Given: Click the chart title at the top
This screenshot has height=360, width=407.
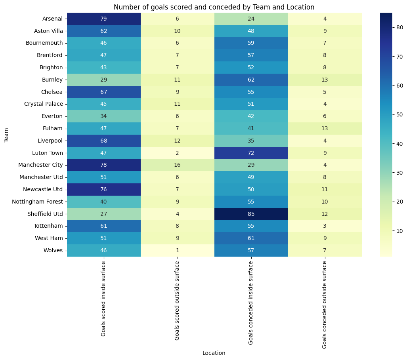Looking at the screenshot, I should point(214,7).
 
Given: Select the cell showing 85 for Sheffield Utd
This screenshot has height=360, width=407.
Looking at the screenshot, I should point(251,214).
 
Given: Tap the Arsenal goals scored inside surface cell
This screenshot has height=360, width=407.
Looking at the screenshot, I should point(103,19).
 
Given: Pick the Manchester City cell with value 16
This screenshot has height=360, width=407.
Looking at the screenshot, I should point(177,165).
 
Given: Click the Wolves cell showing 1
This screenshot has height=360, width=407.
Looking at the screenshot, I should point(177,250).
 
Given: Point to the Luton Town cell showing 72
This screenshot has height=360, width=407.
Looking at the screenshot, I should point(251,153).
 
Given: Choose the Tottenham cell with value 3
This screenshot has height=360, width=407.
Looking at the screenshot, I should point(325,226).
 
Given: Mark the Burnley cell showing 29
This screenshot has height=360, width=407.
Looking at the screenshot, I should point(103,80).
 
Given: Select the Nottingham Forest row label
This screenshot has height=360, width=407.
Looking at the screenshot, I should point(40,202).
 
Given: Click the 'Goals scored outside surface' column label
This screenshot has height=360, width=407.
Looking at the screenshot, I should point(177,301).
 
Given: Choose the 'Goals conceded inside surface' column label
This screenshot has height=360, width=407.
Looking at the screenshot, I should point(251,303).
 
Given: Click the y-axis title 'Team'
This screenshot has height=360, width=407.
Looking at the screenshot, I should point(6,135).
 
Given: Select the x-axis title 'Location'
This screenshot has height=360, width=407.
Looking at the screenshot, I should point(214,353).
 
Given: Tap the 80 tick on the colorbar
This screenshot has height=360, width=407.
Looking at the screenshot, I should point(397,27).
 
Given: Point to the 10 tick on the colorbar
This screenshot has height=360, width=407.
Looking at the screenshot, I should point(397,230).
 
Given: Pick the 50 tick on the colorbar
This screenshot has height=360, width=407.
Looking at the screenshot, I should point(397,114).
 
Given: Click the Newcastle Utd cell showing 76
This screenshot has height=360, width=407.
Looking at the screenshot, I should point(103,189).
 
